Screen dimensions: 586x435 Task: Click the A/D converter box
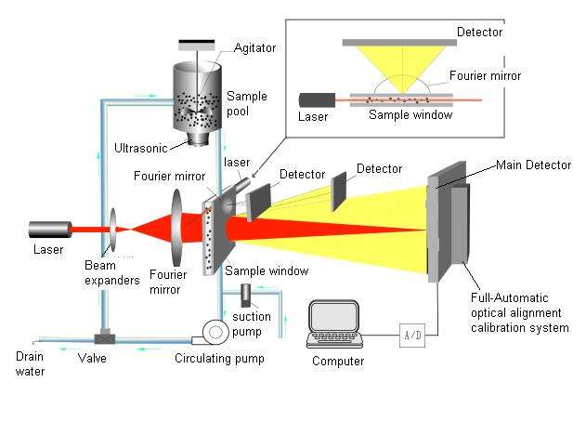click(x=411, y=336)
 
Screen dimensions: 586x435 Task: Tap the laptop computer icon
click(x=334, y=323)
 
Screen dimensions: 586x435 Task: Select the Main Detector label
click(x=533, y=165)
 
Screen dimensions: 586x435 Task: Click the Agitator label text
click(x=254, y=48)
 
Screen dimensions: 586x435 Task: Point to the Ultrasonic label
click(x=140, y=148)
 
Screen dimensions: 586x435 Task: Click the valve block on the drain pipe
click(x=104, y=337)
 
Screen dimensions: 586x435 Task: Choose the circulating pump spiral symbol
click(x=215, y=332)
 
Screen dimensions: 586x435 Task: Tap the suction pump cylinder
click(x=245, y=295)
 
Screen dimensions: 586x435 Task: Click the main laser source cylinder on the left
click(x=50, y=230)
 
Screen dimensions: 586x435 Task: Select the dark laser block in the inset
click(x=317, y=100)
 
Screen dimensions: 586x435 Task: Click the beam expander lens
click(x=112, y=230)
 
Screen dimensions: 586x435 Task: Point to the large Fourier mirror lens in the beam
click(x=176, y=228)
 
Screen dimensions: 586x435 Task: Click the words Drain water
click(x=30, y=363)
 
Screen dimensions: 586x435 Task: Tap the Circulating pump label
click(x=219, y=359)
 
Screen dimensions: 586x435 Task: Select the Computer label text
click(x=338, y=361)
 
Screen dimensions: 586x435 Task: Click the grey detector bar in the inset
click(x=399, y=43)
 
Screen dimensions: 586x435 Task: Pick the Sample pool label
click(x=247, y=103)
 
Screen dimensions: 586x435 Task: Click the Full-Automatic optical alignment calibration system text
click(x=520, y=312)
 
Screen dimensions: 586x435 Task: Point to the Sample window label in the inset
click(x=410, y=115)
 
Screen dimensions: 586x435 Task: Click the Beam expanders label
click(x=112, y=272)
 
